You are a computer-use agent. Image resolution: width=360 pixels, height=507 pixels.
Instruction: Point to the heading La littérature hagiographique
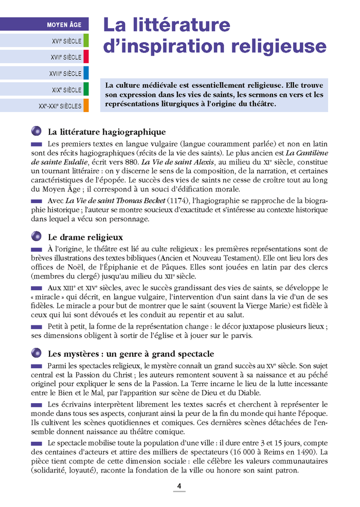tap(106, 132)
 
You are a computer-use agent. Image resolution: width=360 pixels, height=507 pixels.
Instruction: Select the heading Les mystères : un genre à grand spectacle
tap(131, 354)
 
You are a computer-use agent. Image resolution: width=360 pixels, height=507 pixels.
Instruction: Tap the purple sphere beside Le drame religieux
tap(36, 237)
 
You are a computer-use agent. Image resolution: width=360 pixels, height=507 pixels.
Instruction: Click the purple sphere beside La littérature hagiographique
tap(36, 131)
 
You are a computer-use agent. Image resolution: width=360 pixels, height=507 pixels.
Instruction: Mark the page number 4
tap(179, 485)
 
